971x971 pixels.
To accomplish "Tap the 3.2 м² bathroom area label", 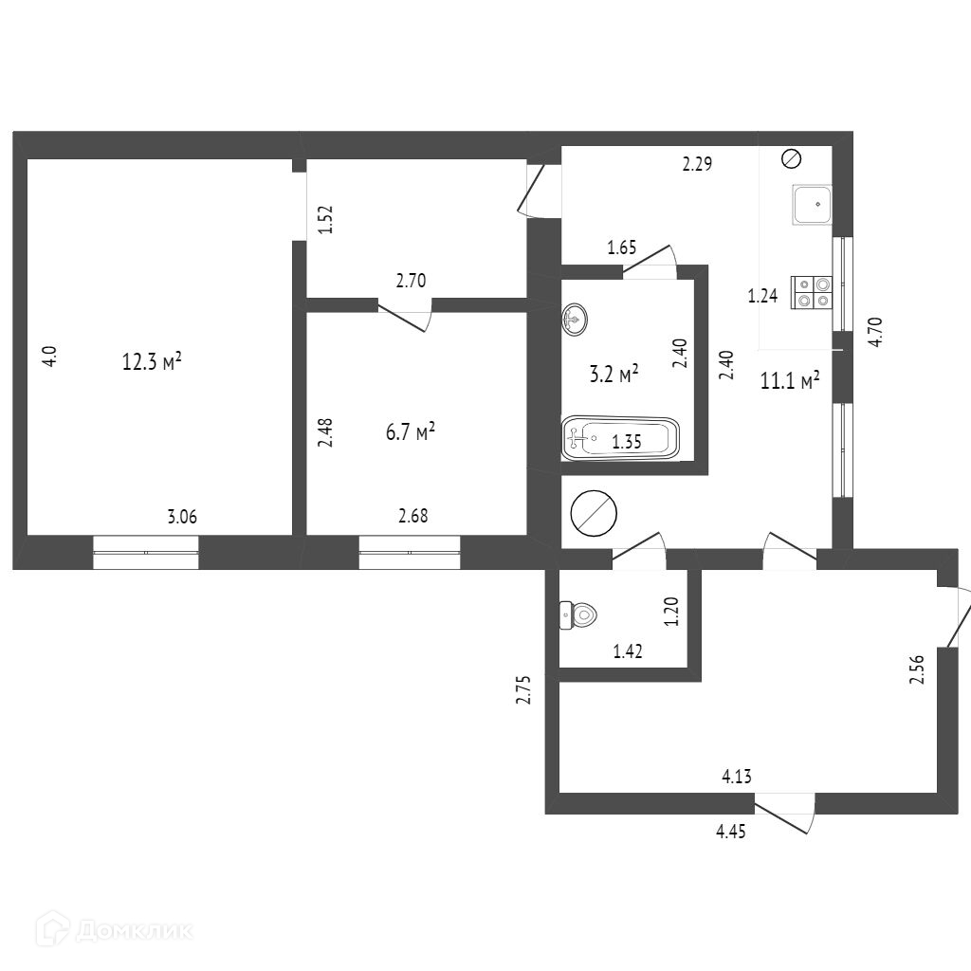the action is point(614,375).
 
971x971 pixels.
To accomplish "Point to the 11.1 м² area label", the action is point(790,381).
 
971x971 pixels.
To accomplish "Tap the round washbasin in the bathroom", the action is point(576,320).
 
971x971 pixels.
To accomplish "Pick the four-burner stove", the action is point(813,292).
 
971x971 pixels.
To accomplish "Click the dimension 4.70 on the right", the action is point(876,332).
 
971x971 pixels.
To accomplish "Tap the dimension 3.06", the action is point(182,517).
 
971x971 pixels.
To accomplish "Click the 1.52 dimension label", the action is point(324,221).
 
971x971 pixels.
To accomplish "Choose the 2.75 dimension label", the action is point(522,689).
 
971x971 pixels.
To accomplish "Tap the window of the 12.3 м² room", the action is point(146,552).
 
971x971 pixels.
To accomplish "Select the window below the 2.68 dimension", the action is point(410,552).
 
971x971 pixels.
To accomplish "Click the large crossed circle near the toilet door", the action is point(595,512).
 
